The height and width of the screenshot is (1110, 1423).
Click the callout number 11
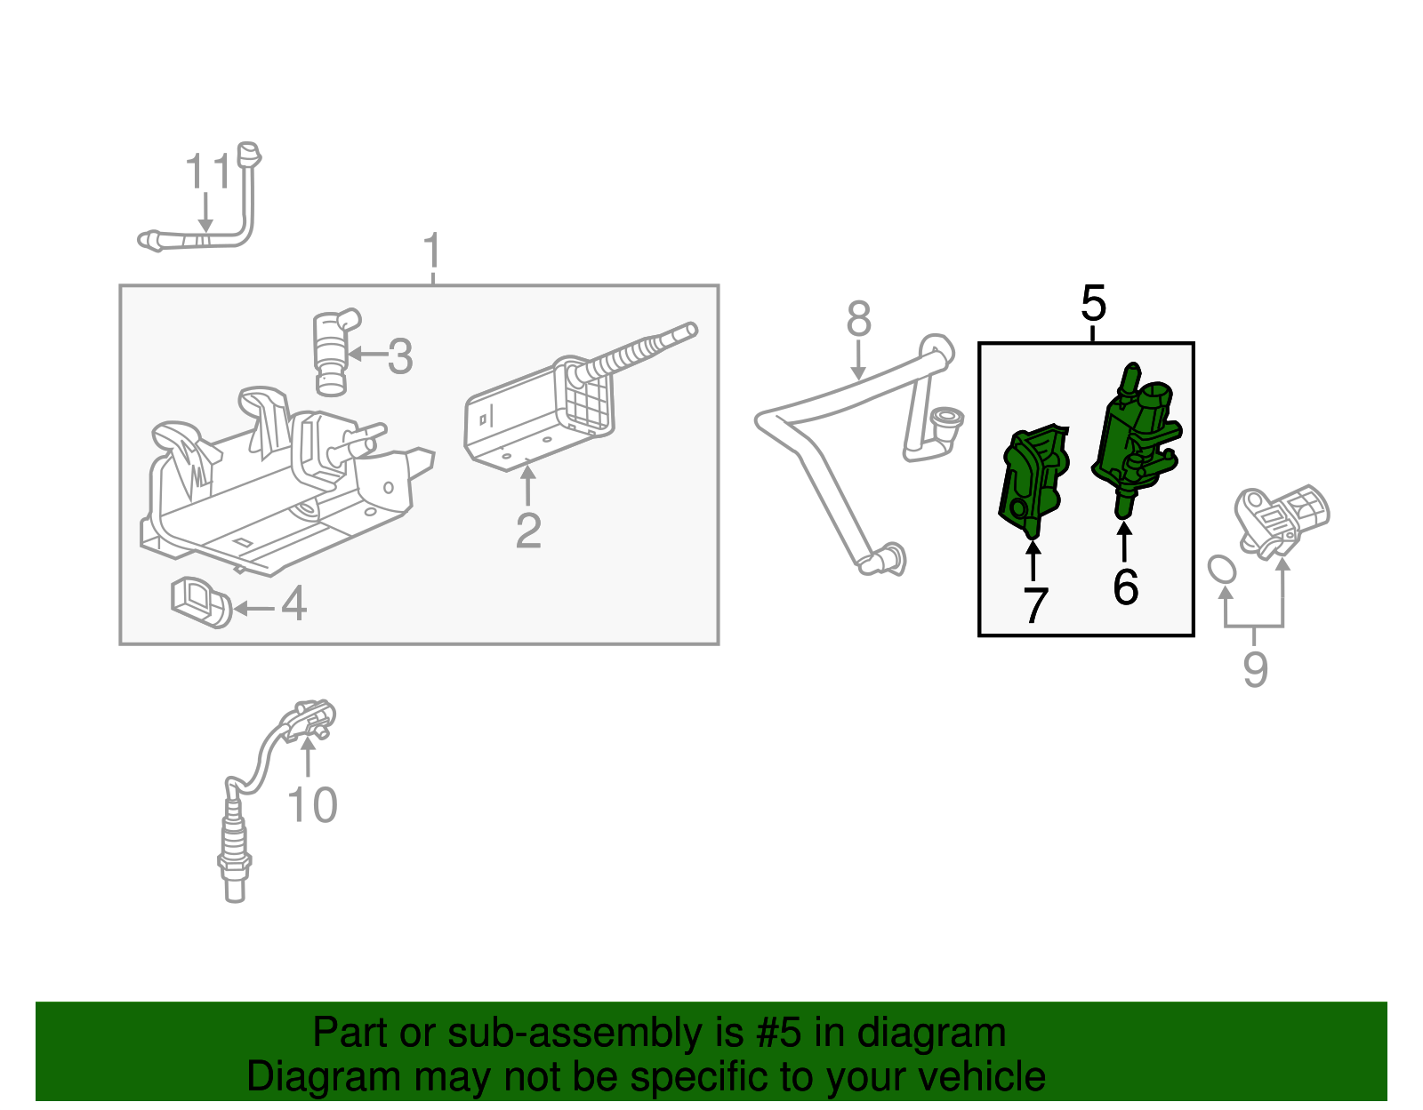(207, 172)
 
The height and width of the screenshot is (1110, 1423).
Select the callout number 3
(400, 356)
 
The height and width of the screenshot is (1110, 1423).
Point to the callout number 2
(528, 531)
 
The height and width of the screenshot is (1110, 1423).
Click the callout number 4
(293, 603)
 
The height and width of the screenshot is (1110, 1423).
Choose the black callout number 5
(1093, 304)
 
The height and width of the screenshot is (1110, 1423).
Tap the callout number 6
(1125, 587)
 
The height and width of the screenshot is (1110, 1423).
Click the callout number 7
(1034, 605)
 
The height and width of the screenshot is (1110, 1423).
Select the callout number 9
(1255, 668)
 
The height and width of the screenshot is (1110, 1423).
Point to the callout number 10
(312, 805)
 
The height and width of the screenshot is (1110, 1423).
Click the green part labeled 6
(1136, 435)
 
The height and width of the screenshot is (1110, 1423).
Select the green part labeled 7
(1033, 480)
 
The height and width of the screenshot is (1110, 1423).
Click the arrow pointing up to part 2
(528, 485)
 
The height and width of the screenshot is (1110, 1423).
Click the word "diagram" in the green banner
(931, 1034)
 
